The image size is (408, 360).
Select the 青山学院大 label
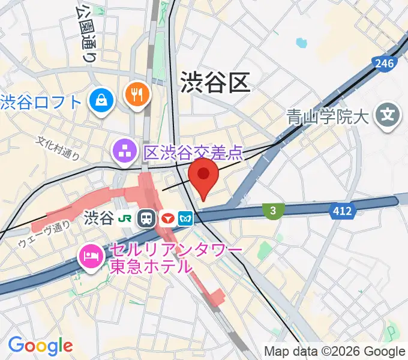(x=326, y=115)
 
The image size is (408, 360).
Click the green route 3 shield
(x=273, y=210)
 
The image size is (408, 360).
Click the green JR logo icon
(x=126, y=218)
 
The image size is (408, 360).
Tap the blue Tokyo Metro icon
(x=186, y=218)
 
